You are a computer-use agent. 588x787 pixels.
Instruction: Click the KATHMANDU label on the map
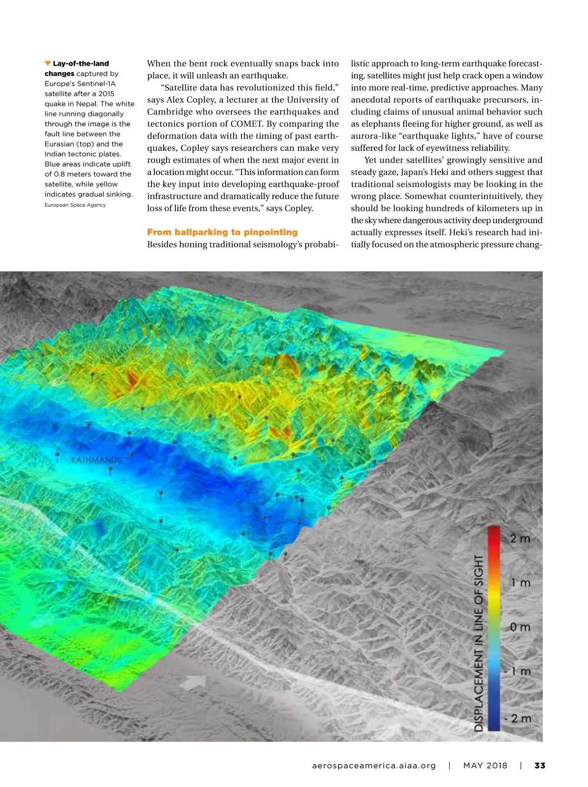click(x=97, y=460)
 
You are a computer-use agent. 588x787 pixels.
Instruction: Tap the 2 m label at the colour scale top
click(x=520, y=539)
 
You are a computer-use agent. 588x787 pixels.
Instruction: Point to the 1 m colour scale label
click(x=521, y=583)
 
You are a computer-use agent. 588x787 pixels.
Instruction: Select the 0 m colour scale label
click(x=520, y=627)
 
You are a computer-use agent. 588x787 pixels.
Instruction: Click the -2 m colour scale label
click(x=518, y=718)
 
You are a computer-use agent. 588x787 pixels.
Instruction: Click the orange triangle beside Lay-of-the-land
click(x=48, y=63)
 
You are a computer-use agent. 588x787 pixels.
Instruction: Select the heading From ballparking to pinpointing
click(x=222, y=232)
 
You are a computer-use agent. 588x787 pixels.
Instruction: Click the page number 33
click(x=539, y=765)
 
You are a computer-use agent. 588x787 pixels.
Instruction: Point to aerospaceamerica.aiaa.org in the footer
click(x=374, y=765)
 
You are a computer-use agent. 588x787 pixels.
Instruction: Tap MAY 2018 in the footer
click(x=485, y=765)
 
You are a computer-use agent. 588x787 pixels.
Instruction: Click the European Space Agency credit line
click(x=75, y=205)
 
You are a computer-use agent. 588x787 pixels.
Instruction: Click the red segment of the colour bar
click(x=493, y=537)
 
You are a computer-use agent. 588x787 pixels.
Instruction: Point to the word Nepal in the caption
click(x=87, y=103)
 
